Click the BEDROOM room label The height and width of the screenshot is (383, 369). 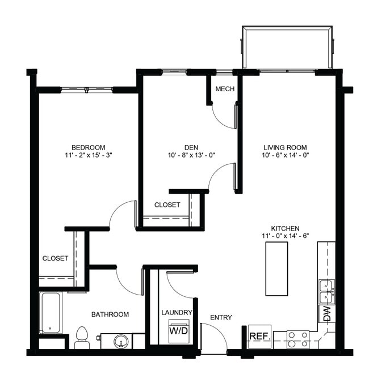point(88,147)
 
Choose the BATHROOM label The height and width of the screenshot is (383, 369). point(110,314)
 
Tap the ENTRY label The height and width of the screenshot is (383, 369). point(221,317)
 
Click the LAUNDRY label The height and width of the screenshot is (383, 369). point(177,312)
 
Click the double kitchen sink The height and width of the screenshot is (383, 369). point(326,291)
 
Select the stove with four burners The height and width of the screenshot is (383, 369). point(297,339)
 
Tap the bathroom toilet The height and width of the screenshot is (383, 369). point(82,337)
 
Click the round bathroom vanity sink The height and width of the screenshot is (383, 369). point(120,341)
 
